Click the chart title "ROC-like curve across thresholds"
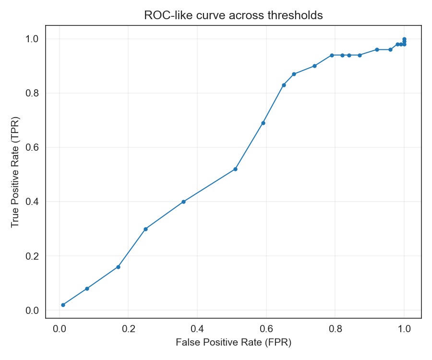point(233,15)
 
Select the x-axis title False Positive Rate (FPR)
point(233,343)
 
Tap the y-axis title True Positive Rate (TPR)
point(15,172)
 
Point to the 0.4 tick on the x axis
point(197,329)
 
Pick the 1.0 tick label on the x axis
point(404,329)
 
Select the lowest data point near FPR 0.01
point(63,305)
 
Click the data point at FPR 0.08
point(87,288)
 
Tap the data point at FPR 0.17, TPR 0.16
point(118,267)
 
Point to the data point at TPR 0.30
point(145,229)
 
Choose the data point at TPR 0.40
point(183,202)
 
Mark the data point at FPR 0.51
point(235,169)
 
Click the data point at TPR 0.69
point(263,123)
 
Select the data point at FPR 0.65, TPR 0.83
point(284,85)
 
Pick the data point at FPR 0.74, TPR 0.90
point(314,66)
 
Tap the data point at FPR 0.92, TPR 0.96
point(377,49)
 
